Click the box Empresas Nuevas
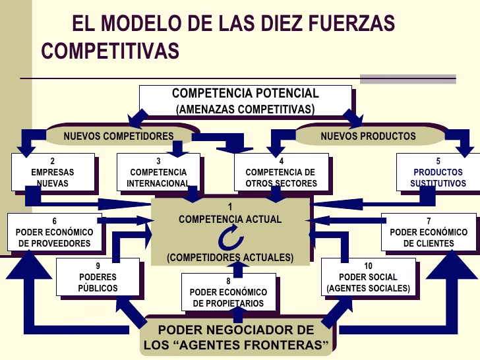pos(52,172)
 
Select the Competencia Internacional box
pos(158,172)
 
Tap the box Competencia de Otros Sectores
pos(281,172)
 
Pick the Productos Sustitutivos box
pos(438,172)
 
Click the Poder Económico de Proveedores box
pos(55,232)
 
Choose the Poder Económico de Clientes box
pos(429,232)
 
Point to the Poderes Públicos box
pos(98,277)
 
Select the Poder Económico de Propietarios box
pos(228,292)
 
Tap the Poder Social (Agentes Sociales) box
pos(368,277)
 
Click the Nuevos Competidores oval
pos(119,136)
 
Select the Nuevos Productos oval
pos(368,136)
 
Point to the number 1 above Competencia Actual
pos(230,206)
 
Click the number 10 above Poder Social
pos(368,265)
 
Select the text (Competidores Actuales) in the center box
pos(230,257)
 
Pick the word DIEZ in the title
pos(287,24)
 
